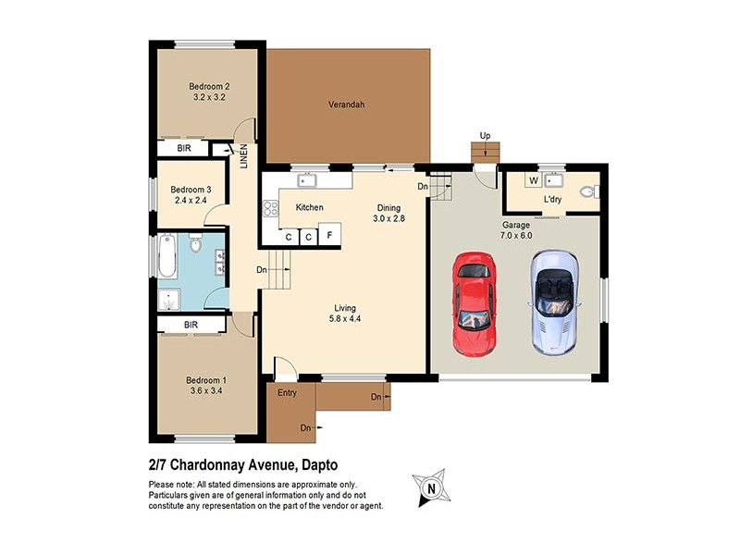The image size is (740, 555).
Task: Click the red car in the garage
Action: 474,304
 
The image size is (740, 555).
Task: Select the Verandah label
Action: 347,105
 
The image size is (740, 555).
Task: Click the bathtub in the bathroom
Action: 167,256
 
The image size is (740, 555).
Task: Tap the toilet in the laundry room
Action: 587,192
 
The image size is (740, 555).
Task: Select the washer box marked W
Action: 534,180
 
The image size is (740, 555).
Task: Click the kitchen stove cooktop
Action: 272,208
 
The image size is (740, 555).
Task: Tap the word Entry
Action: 287,394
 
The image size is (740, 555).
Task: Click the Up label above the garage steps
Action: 485,136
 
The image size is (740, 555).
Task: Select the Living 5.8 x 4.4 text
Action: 345,314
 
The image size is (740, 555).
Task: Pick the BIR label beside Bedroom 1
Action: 191,325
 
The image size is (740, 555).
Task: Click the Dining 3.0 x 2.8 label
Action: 388,214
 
